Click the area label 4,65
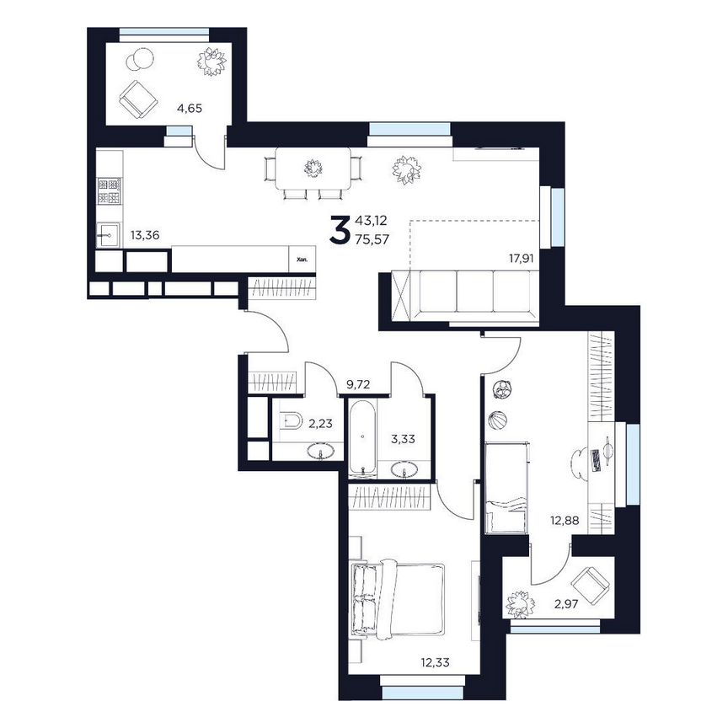(x=189, y=108)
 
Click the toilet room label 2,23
(x=320, y=425)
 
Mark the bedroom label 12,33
(x=435, y=661)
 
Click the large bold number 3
(x=339, y=229)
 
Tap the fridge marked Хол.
(x=302, y=260)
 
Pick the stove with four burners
(x=110, y=191)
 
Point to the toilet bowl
(x=291, y=420)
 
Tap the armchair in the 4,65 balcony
(x=136, y=99)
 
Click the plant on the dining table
(x=314, y=167)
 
